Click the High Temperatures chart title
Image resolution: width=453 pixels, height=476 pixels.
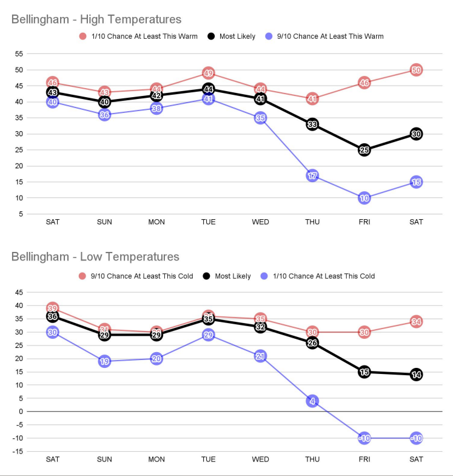coord(96,19)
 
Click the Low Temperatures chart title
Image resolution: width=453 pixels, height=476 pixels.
coord(95,257)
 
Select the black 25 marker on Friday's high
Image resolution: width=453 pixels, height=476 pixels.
coord(364,150)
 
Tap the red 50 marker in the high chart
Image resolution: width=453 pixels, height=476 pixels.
coord(416,70)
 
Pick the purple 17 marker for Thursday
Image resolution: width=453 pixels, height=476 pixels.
coord(312,175)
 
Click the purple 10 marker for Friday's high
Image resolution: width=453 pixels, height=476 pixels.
coord(364,198)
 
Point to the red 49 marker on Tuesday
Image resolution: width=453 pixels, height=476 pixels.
coord(208,73)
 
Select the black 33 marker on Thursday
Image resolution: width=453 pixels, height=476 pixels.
coord(312,124)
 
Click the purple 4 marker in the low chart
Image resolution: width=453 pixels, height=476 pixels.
coord(312,401)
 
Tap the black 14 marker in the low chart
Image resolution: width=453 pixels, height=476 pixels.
coord(416,375)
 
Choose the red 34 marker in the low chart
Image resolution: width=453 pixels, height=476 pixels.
coord(416,322)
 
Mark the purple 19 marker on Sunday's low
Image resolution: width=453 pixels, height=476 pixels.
coord(104,361)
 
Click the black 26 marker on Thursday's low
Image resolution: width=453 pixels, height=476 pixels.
coord(312,343)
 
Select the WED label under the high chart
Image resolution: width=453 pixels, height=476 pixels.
coord(260,222)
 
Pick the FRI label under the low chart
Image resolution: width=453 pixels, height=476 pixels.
coord(364,459)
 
